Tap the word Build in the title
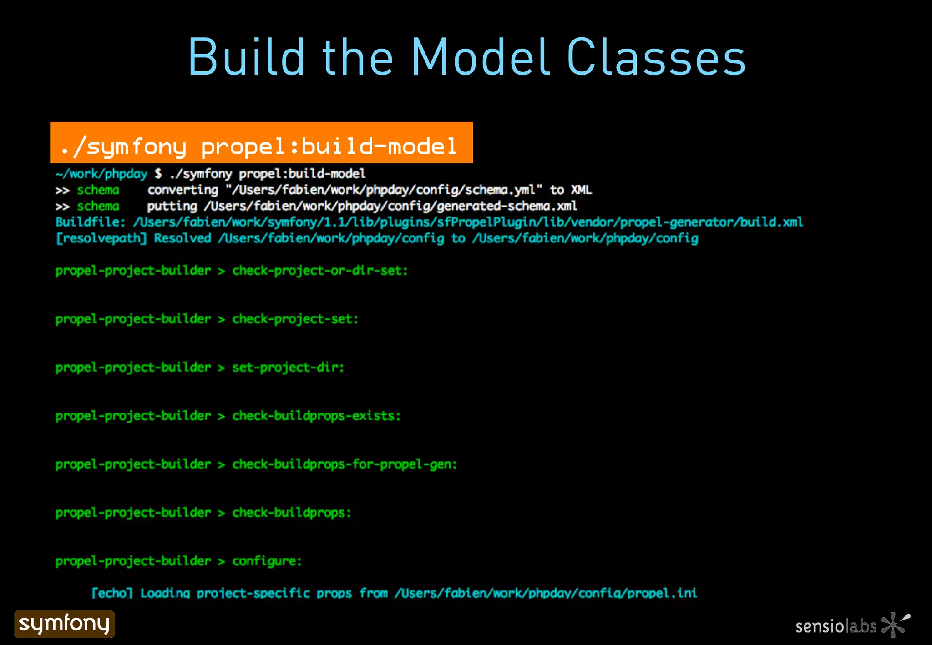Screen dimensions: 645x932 (246, 57)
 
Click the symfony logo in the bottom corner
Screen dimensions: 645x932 (65, 624)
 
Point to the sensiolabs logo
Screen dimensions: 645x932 (852, 625)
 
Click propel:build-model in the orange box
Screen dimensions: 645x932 (329, 146)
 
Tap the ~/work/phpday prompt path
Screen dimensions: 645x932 (101, 174)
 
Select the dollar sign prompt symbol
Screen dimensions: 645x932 (158, 174)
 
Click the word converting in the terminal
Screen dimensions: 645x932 (182, 190)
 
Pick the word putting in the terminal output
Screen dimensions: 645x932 (172, 207)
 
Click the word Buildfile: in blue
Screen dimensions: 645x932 (90, 222)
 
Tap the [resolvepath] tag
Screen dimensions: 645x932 (101, 238)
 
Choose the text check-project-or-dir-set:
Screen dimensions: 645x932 (320, 271)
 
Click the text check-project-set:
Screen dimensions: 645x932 (295, 319)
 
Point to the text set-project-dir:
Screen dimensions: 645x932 (288, 368)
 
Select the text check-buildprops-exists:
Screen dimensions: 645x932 (316, 416)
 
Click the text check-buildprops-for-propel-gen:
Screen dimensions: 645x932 (344, 464)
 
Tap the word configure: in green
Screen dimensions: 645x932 (267, 561)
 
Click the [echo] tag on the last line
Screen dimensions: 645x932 (112, 593)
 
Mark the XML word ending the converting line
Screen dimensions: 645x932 (581, 190)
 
